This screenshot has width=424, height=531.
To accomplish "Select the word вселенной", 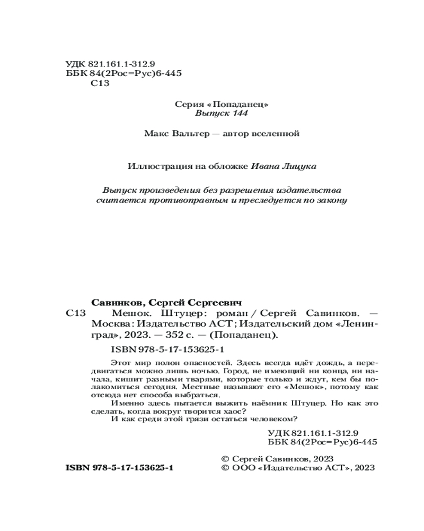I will (x=276, y=134).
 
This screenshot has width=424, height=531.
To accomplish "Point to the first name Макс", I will (x=154, y=134).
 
